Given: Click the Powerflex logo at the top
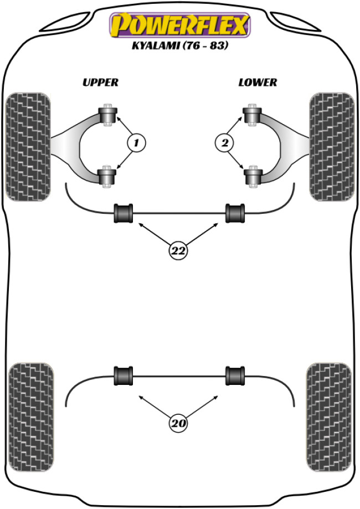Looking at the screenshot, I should (180, 25).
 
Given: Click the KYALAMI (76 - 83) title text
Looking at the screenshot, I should (181, 47).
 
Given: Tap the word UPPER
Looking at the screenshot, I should (100, 83).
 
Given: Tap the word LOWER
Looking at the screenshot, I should (258, 83).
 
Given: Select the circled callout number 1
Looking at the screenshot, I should (136, 144).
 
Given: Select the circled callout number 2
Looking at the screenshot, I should (224, 144).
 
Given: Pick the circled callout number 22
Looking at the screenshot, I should (178, 251).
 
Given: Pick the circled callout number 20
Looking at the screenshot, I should (178, 424).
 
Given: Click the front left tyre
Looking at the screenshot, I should (27, 146).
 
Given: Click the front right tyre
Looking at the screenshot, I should (331, 146).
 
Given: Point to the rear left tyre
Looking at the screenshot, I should (32, 407).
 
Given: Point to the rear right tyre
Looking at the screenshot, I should (329, 407).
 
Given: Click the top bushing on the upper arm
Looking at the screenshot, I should (108, 114).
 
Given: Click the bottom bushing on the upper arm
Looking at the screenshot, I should (108, 177).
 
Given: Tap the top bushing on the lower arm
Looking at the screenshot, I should (253, 114).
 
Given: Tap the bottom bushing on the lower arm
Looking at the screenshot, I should (253, 177).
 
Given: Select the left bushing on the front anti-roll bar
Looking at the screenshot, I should (124, 213).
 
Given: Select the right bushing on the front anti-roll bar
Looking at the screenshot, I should (235, 213).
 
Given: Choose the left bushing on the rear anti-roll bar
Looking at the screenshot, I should (124, 376).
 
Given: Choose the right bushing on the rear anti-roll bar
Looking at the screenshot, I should (235, 376).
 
